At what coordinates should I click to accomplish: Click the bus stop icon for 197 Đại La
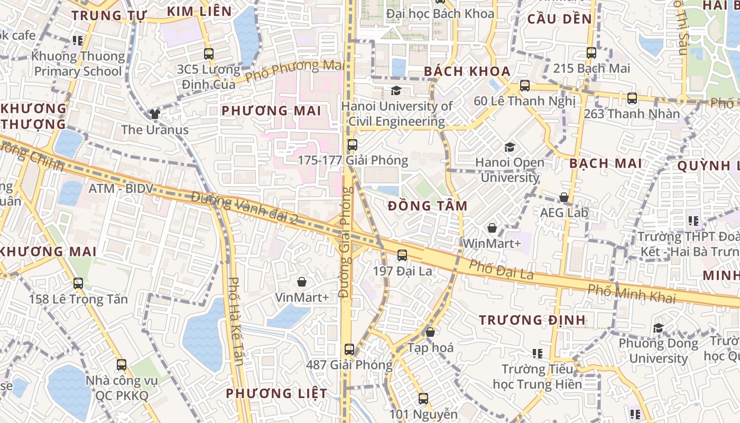[402, 255]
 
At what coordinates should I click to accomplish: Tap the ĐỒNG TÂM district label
[427, 206]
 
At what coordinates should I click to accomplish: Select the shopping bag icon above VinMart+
[302, 282]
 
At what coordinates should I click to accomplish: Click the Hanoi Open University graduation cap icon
[510, 147]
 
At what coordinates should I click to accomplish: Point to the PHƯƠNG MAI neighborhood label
[271, 111]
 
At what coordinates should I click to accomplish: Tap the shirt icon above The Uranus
[154, 114]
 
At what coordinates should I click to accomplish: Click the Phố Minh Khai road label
[632, 293]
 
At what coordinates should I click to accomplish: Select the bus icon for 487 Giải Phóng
[349, 349]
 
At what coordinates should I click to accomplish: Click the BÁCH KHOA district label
[467, 71]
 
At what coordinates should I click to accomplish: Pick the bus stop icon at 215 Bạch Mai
[591, 53]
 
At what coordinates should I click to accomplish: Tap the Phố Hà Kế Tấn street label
[236, 321]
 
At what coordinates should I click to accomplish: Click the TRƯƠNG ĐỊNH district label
[532, 320]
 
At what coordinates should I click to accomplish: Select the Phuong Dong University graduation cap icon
[658, 328]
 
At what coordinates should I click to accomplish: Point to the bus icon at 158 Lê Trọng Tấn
[78, 283]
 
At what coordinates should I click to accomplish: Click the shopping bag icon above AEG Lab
[564, 197]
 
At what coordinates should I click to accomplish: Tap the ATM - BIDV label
[120, 188]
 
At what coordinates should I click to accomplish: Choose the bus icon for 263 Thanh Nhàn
[632, 98]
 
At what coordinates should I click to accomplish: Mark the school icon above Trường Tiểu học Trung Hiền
[538, 353]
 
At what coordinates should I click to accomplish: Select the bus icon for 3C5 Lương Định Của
[209, 53]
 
